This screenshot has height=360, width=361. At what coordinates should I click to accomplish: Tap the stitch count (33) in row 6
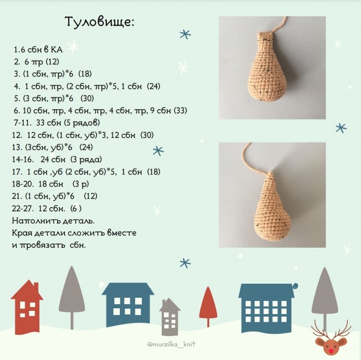point(180,111)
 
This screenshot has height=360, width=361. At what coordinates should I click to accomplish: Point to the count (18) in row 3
point(85,74)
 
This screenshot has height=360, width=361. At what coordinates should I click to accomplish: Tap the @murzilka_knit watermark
point(171,344)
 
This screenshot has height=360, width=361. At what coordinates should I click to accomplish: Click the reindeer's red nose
point(331,351)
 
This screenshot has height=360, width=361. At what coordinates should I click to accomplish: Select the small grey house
point(170,317)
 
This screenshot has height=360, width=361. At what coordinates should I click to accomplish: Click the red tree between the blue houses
point(208,306)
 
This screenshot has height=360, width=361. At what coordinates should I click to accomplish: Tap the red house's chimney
point(36,287)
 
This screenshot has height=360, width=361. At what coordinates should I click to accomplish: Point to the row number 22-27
point(23,208)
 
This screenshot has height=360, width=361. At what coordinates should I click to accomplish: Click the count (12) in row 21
point(91,196)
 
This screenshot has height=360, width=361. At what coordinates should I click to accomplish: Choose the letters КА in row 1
point(57,50)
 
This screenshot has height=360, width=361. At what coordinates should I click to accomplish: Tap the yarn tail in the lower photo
point(253,157)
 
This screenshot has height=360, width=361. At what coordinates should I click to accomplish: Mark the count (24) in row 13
point(86,147)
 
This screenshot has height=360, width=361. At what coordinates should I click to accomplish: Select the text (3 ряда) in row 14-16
point(86,159)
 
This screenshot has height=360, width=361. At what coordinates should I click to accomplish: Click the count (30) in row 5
point(87,99)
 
